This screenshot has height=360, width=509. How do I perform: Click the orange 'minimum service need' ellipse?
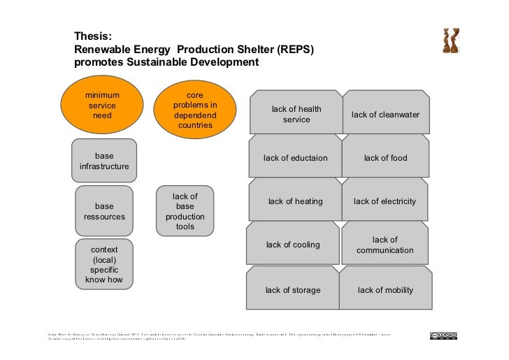pos(102,106)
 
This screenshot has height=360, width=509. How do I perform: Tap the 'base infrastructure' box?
pos(104,161)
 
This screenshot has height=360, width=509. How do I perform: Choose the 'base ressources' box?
pos(104,211)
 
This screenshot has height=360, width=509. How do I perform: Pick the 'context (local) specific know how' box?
pos(104,264)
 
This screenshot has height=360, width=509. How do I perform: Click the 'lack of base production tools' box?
pos(185,211)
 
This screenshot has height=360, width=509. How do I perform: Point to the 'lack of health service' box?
pos(296,114)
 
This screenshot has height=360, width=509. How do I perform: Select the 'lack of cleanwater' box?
pos(385,114)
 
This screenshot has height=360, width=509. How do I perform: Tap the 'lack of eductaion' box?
pos(295,158)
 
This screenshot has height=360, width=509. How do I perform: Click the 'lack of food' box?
pos(385,158)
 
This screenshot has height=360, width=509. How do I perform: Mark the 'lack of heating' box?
pos(295,201)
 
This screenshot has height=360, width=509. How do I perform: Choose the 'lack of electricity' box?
pos(385,201)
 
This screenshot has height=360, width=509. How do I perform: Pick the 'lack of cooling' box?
pos(293,245)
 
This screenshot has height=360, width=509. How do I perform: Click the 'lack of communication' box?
pos(385,245)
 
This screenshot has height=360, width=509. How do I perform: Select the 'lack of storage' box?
pos(293,289)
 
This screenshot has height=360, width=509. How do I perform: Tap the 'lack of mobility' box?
pos(385,289)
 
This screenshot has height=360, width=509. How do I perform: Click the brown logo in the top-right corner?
pos(451,41)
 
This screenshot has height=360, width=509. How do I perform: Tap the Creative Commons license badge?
pos(443,336)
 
